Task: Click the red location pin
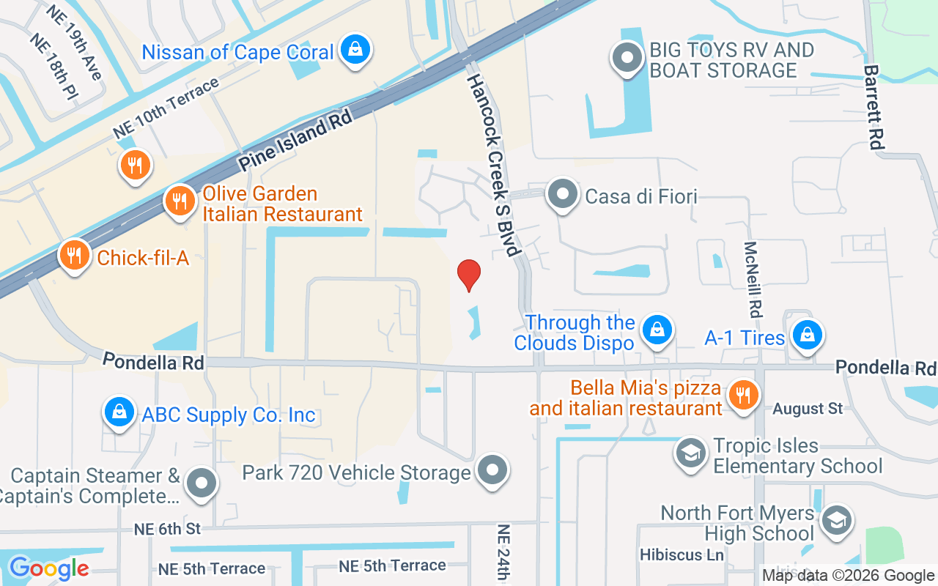[469, 275]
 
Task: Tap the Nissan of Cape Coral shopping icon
[355, 50]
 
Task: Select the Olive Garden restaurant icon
[180, 200]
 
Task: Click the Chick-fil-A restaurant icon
[74, 255]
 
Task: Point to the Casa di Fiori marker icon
[563, 195]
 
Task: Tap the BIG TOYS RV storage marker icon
[627, 59]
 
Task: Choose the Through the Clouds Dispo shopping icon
[658, 330]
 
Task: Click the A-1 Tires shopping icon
[807, 335]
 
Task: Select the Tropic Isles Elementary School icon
[690, 453]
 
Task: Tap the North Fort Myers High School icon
[835, 521]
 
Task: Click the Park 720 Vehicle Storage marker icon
[492, 470]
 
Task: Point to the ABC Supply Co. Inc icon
[119, 412]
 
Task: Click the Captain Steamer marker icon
[201, 483]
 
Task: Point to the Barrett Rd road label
[872, 107]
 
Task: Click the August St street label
[808, 408]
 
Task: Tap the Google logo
[48, 568]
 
